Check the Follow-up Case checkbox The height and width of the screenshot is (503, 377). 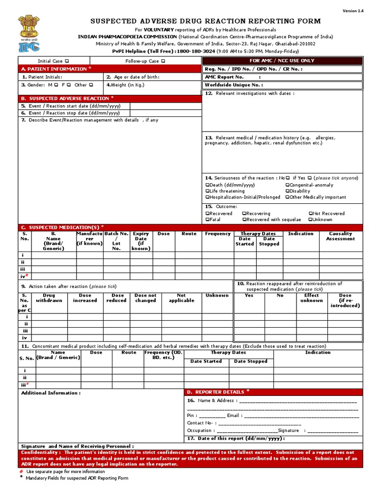(x=162, y=61)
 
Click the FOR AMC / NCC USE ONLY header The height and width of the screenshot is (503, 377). (x=282, y=61)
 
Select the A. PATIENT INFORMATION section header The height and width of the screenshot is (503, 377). (x=54, y=69)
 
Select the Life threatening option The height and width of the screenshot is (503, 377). (x=225, y=191)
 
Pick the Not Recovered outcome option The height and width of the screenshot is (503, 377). (x=327, y=214)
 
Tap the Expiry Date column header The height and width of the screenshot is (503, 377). (x=141, y=241)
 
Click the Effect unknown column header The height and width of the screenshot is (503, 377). (x=312, y=298)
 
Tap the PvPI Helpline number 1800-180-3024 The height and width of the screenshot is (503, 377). (x=196, y=51)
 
